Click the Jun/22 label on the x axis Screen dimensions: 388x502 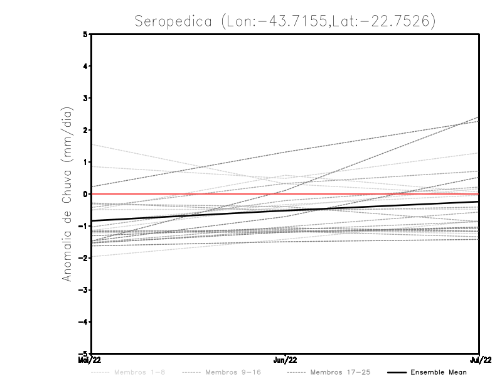[286, 360]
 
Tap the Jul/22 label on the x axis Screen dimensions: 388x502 [479, 360]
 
